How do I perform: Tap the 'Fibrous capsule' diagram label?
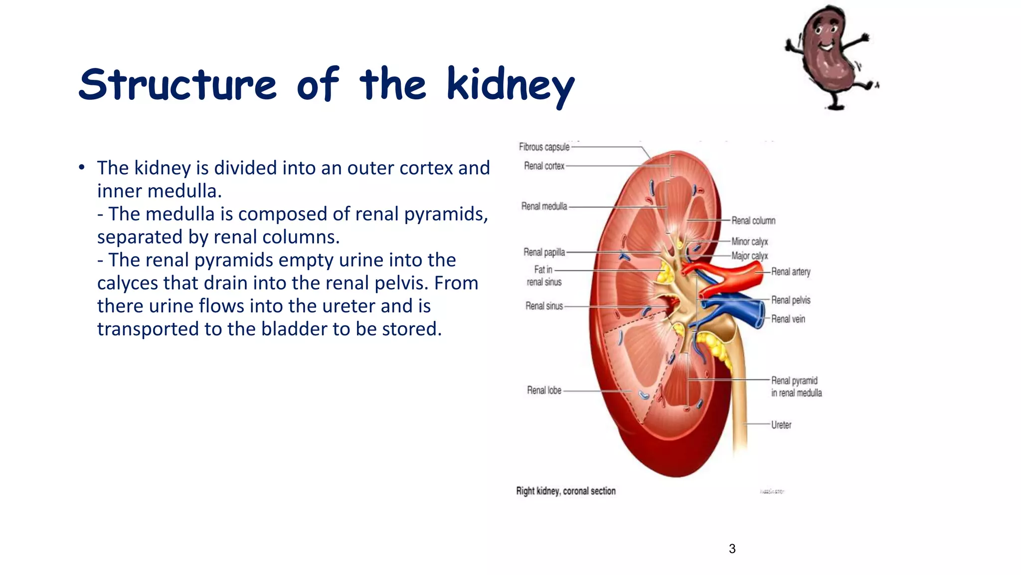point(544,147)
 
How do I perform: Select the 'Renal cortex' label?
point(544,166)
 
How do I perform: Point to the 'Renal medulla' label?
point(544,206)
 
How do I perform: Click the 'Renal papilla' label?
point(544,252)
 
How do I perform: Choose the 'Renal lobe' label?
point(544,390)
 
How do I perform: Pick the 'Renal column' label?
point(753,221)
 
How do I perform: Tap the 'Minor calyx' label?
point(750,242)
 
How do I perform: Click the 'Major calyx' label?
point(750,256)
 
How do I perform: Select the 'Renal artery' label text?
point(791,272)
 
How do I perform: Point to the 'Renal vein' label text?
point(788,319)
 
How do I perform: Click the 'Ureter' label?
point(781,425)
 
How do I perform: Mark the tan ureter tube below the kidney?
point(739,399)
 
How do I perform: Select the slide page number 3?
point(732,549)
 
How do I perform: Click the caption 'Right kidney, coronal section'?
point(566,491)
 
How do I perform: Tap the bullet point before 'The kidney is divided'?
point(82,168)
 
